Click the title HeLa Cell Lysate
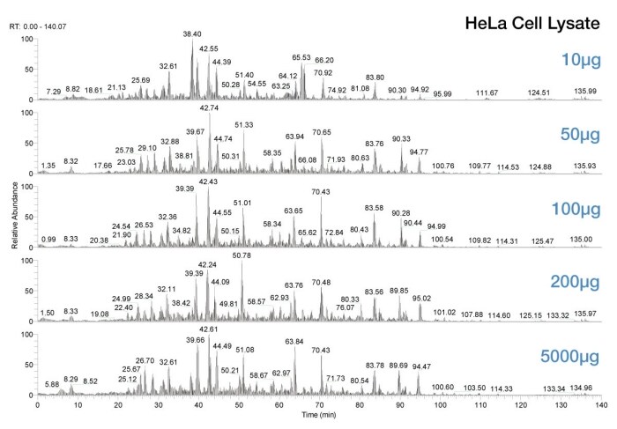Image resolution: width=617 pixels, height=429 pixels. (534, 21)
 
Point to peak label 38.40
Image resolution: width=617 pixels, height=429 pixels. (192, 33)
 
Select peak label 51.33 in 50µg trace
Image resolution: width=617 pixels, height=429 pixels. (243, 126)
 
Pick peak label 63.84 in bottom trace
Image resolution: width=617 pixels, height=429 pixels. (294, 341)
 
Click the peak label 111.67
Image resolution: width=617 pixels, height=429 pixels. (487, 92)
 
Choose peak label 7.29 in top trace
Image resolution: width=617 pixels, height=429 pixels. (54, 92)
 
